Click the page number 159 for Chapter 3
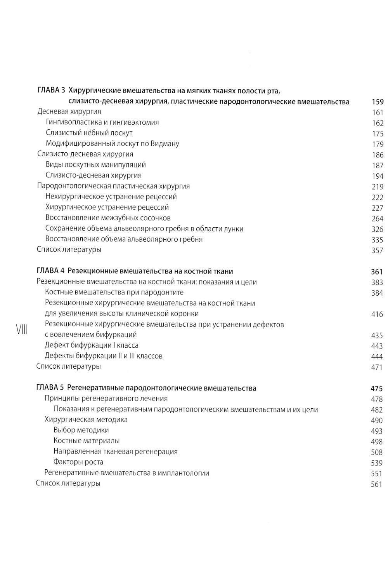coord(377,102)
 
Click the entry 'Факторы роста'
coord(78,462)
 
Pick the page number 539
coord(377,463)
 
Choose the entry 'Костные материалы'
coord(87,441)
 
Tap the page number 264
coord(377,219)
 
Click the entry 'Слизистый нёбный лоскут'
coord(89,133)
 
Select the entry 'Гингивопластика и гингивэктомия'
coord(102,122)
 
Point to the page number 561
coord(377,484)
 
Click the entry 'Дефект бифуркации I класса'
coord(91,345)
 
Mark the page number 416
coord(377,314)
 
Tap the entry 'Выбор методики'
coord(81,430)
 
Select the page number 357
coord(377,251)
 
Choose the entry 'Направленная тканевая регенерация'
coord(116,451)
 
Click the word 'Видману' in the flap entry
coord(165,144)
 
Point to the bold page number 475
coord(377,389)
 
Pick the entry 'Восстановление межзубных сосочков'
coord(108,218)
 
